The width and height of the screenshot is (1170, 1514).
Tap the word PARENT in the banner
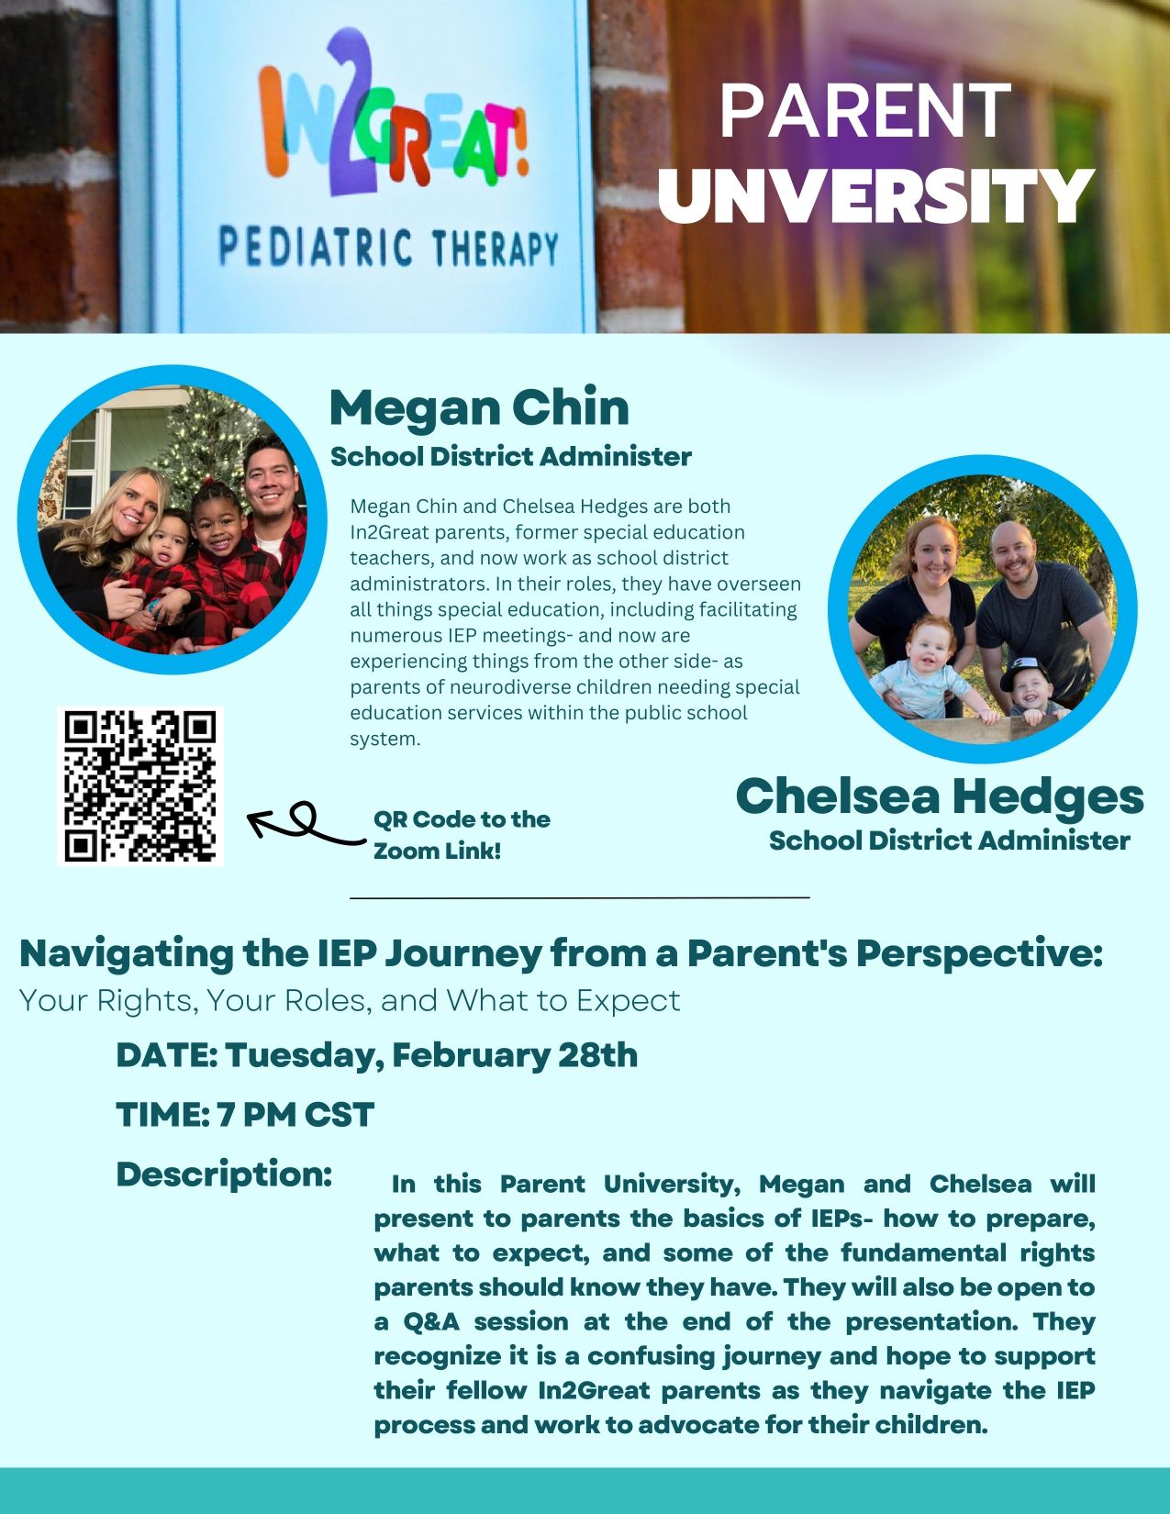[x=864, y=111]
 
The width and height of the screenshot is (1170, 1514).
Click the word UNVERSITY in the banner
[x=876, y=195]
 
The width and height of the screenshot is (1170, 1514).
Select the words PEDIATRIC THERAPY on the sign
[x=389, y=248]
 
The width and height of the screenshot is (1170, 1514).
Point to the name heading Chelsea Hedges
[x=940, y=796]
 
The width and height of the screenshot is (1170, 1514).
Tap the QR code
[x=140, y=786]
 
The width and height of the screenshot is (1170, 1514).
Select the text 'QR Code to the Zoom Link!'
[x=462, y=835]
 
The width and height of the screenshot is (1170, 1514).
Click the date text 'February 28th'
[x=515, y=1055]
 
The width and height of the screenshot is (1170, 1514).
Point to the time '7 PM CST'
[x=295, y=1114]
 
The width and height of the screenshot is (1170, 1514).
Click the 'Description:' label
[x=224, y=1174]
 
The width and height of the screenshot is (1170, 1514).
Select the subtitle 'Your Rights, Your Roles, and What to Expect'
[x=350, y=1000]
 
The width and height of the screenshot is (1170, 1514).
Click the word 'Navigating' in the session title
[x=126, y=954]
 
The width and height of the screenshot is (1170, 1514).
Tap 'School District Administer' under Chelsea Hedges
[x=949, y=840]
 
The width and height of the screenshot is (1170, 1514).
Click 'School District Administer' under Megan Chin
[x=511, y=456]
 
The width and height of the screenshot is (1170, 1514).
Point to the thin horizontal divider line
[x=580, y=897]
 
